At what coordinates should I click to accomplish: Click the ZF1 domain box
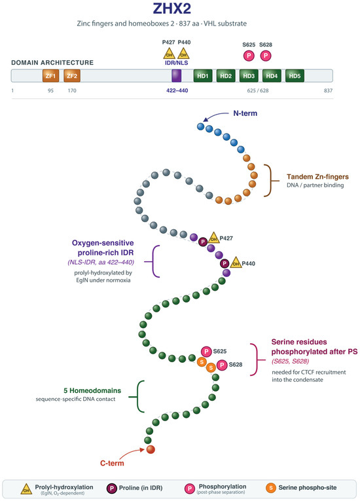[x=50, y=76]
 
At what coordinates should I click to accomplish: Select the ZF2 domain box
[x=72, y=76]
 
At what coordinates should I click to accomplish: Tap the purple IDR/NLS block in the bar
[x=177, y=76]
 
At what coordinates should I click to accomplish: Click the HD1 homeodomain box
[x=203, y=76]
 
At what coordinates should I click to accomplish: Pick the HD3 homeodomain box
[x=249, y=76]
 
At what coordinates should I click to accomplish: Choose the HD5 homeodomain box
[x=295, y=76]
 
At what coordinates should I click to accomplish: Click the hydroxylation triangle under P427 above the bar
[x=170, y=54]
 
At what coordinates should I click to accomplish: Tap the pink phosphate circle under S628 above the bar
[x=266, y=56]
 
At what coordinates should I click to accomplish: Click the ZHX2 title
[x=172, y=9]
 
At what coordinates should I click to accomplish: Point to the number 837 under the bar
[x=328, y=91]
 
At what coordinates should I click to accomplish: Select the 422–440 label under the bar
[x=177, y=91]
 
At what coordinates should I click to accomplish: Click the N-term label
[x=245, y=113]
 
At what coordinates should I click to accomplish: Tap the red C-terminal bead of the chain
[x=151, y=449]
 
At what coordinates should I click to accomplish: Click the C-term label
[x=112, y=463]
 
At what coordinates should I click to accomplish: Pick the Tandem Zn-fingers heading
[x=317, y=177]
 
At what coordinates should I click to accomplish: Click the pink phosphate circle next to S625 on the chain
[x=206, y=352]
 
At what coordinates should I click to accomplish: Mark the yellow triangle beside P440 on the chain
[x=236, y=263]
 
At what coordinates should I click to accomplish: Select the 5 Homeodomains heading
[x=92, y=390]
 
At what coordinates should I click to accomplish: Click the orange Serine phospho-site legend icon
[x=270, y=488]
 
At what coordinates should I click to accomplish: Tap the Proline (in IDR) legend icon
[x=111, y=488]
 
